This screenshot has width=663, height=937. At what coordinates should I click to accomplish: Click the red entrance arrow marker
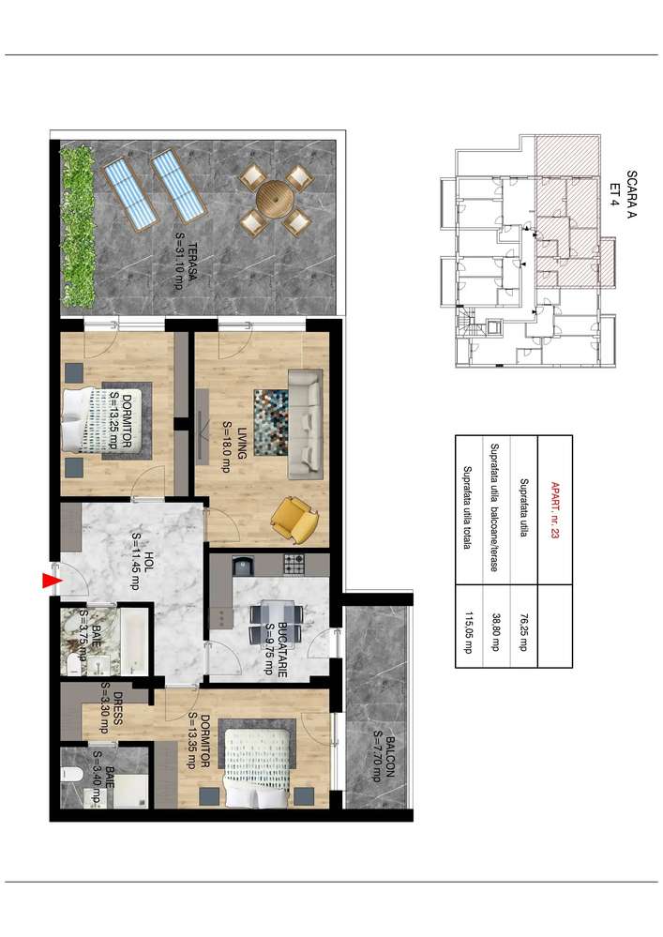tap(52, 581)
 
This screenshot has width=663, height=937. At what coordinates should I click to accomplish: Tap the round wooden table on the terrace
tap(275, 200)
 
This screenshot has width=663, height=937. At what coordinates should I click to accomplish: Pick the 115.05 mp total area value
tap(468, 632)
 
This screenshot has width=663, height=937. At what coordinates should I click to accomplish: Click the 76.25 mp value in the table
tap(524, 631)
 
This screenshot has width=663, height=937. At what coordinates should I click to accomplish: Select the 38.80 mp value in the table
tap(494, 631)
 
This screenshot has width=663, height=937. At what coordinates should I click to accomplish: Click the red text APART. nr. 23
tap(555, 510)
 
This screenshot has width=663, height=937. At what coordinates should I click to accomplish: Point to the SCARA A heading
tap(631, 194)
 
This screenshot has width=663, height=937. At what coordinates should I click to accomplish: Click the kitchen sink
tap(243, 565)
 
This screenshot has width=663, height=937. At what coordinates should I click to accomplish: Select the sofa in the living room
tap(305, 424)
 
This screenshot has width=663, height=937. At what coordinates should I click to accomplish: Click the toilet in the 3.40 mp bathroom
tap(71, 775)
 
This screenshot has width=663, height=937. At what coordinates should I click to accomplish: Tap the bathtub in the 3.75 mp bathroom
tap(134, 642)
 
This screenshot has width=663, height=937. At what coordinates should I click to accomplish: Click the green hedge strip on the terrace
tap(78, 226)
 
